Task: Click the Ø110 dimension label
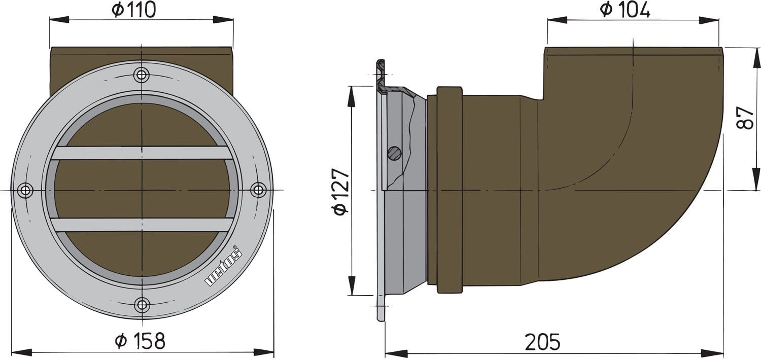[x=134, y=10]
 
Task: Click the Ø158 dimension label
[x=140, y=341]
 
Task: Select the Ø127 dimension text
[x=341, y=191]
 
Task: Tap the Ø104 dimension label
[x=625, y=10]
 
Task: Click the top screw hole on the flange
[x=142, y=75]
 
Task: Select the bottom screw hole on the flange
[x=142, y=305]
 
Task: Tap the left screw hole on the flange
[x=25, y=190]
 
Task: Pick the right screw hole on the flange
[x=258, y=190]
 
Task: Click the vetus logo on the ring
[x=224, y=266]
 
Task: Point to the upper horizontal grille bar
[x=142, y=153]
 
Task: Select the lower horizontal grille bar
[x=142, y=225]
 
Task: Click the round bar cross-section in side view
[x=394, y=152]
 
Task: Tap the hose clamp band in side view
[x=449, y=190]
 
